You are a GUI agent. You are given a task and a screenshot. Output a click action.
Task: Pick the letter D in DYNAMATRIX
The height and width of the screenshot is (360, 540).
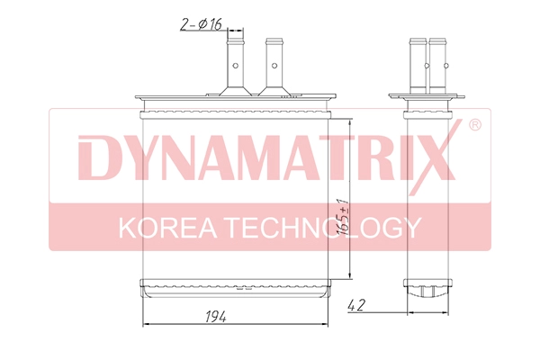[x=96, y=160]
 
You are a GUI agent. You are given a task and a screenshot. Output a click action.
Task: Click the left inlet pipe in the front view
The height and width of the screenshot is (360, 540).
[x=235, y=65]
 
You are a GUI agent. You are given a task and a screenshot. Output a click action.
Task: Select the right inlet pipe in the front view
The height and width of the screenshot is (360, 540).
[x=273, y=65]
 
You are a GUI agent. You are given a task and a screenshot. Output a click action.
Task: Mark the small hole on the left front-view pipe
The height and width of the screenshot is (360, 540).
[x=235, y=64]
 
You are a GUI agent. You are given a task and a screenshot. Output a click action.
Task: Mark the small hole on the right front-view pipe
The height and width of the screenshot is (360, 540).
[x=273, y=64]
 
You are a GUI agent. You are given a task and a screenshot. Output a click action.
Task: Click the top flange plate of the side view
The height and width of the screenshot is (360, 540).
[x=427, y=97]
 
